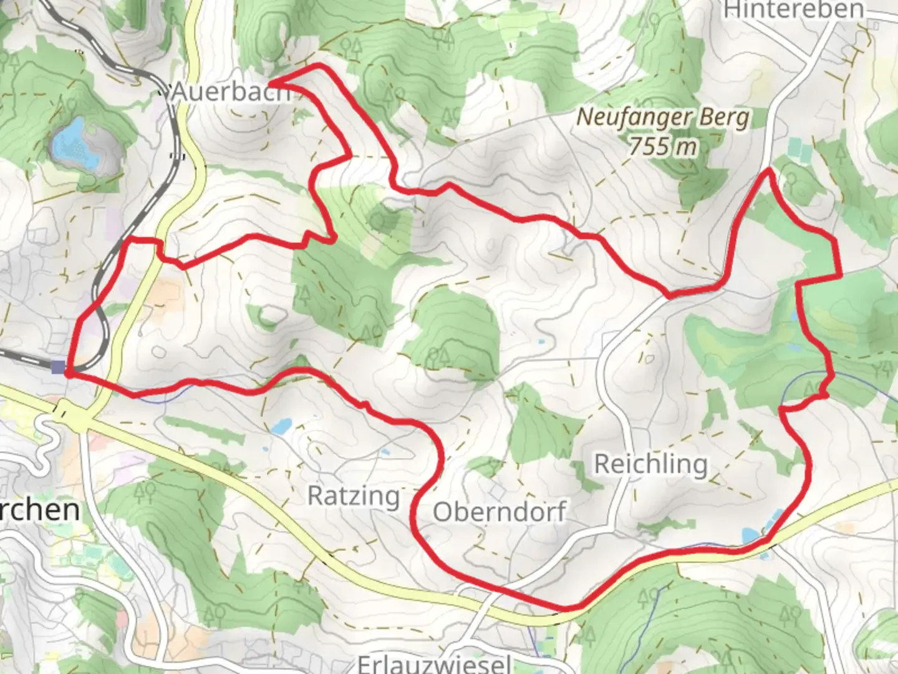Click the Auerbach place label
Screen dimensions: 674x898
point(231,92)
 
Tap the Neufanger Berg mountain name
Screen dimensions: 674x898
point(663,117)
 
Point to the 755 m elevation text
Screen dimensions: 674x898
point(662,147)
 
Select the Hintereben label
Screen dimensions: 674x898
point(794,10)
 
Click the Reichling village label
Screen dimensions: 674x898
point(650,464)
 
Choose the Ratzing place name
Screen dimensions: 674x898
point(354,496)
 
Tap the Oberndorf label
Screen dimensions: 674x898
point(500,512)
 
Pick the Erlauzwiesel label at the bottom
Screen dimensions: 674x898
point(435,663)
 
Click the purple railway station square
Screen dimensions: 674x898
point(59,367)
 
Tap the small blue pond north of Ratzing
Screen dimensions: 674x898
point(281,427)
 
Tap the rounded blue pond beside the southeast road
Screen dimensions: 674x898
point(749,535)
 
